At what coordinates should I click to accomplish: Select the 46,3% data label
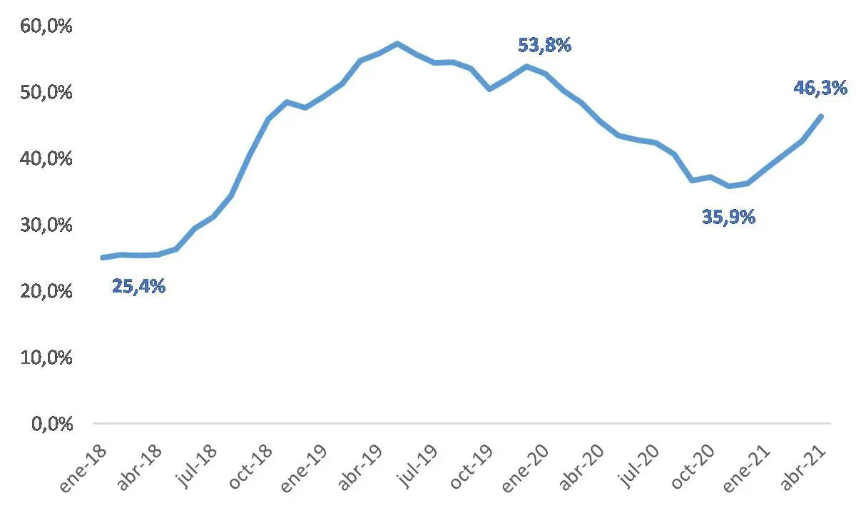[x=820, y=88]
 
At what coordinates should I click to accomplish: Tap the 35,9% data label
[x=729, y=217]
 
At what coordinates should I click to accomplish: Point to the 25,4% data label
[x=139, y=288]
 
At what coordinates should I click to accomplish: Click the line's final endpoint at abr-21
[x=821, y=116]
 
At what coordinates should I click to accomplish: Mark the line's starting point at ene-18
[x=103, y=257]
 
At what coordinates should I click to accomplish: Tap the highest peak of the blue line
[x=397, y=44]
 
